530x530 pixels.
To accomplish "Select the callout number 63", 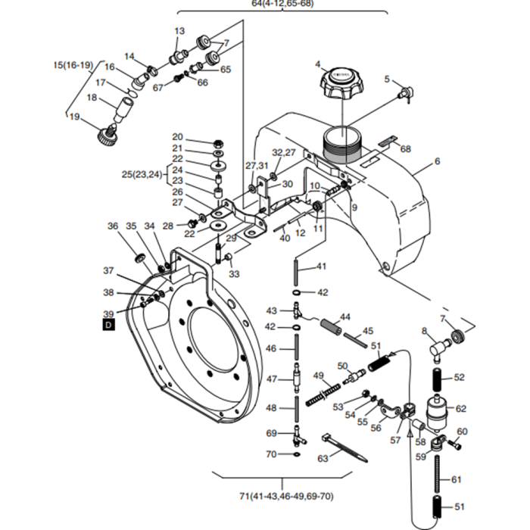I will coord(323,458).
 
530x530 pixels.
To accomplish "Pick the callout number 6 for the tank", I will coord(438,161).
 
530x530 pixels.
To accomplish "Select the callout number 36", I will coord(113,226).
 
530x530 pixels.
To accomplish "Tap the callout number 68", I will coord(405,149).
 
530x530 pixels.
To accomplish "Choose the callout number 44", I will coord(344,316).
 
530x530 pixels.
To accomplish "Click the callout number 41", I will coord(321,267).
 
